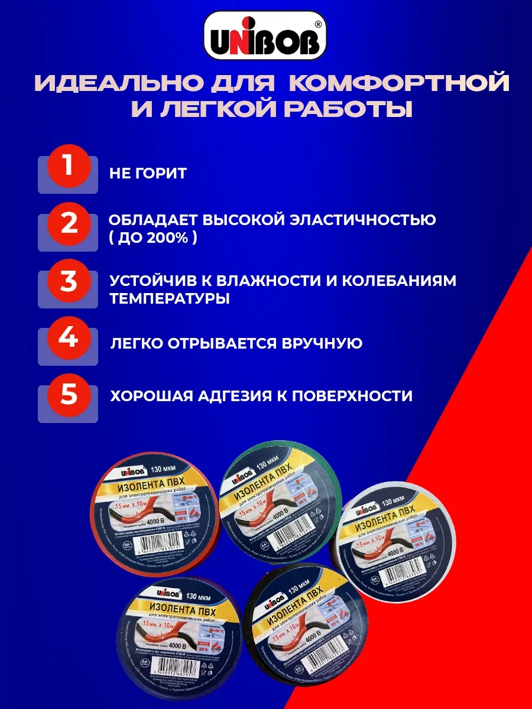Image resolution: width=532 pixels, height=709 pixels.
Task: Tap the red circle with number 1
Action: pyautogui.click(x=69, y=166)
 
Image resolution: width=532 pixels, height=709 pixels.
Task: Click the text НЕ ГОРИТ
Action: pyautogui.click(x=148, y=173)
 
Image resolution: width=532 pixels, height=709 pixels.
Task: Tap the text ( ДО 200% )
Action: pyautogui.click(x=153, y=239)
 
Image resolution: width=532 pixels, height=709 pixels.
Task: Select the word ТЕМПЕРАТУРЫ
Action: pyautogui.click(x=170, y=298)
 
